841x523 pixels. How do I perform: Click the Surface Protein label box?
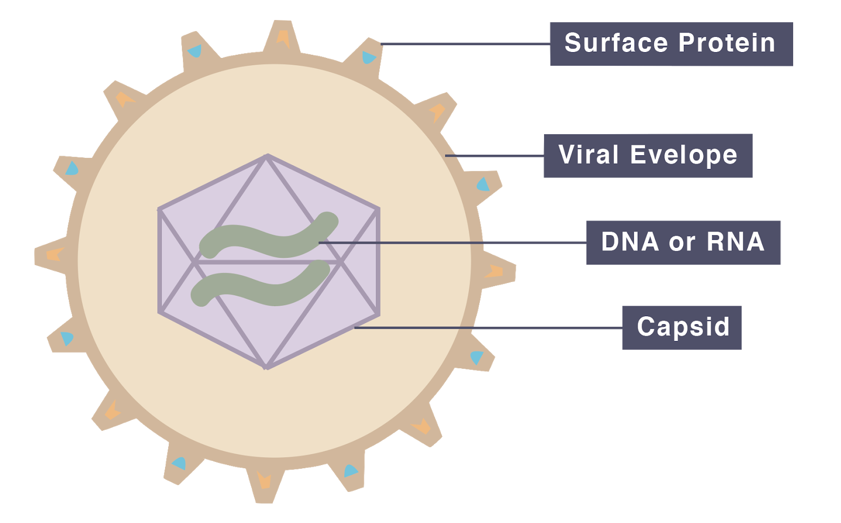point(671,44)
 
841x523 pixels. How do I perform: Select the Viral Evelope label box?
point(648,156)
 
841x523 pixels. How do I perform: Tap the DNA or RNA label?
point(683,243)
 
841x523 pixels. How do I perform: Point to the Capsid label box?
point(682,327)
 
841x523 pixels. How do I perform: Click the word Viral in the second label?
point(588,155)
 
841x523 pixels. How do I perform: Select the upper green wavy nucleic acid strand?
point(268,239)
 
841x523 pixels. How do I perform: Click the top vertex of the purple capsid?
point(267,156)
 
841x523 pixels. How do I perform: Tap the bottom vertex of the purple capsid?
point(266,367)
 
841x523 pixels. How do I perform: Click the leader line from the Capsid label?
point(489,328)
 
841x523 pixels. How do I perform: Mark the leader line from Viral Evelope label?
point(494,156)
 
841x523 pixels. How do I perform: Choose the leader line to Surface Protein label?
point(465,44)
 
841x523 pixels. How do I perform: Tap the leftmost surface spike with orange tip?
point(53,255)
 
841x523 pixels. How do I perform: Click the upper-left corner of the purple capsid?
point(159,210)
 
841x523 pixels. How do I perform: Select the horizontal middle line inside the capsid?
point(268,261)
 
